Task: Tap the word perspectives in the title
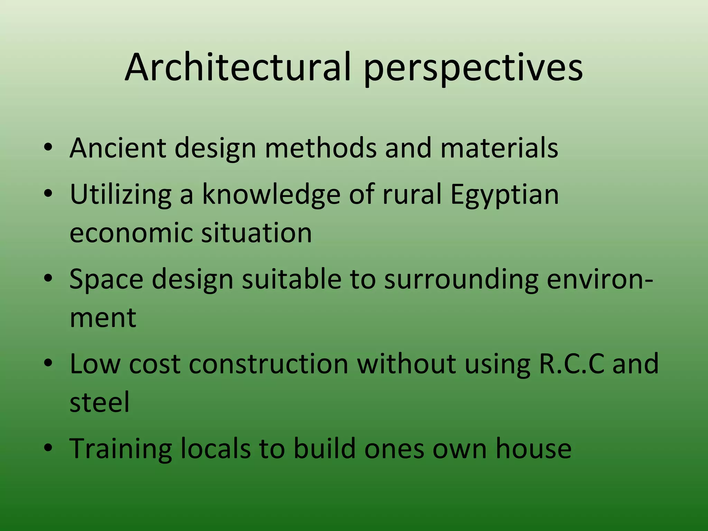(x=473, y=68)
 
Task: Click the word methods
(x=320, y=148)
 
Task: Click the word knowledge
(x=271, y=194)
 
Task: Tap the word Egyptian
(x=504, y=195)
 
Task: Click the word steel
(x=100, y=402)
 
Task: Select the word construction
(x=269, y=364)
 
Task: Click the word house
(x=533, y=448)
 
